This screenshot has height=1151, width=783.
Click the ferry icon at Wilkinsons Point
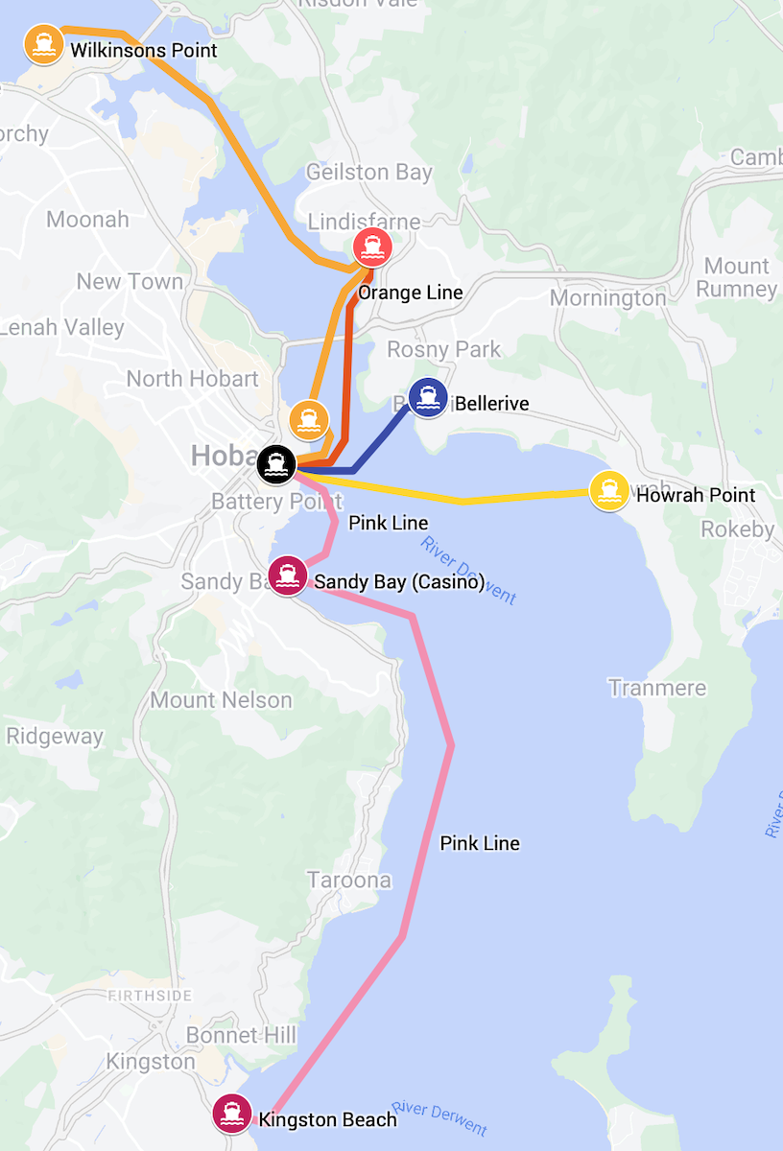pos(43,43)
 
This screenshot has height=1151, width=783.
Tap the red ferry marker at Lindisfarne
pos(371,247)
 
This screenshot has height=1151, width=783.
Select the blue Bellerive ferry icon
pos(427,398)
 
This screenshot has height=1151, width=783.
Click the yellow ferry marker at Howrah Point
pos(607,491)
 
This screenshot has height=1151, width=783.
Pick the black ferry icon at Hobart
pos(277,464)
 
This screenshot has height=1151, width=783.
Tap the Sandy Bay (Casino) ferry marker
pos(286,575)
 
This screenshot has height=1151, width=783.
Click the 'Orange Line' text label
pos(410,293)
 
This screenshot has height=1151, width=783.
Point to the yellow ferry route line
pos(461,500)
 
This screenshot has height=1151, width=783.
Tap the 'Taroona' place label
pos(349,880)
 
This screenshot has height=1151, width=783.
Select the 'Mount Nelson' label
pos(221,700)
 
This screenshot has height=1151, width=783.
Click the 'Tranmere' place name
pos(656,688)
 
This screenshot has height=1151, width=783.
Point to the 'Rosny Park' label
pos(443,349)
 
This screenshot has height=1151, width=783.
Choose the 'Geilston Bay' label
pos(368,173)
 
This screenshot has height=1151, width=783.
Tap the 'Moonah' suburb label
pos(87,220)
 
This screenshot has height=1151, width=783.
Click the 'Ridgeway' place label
pos(54,737)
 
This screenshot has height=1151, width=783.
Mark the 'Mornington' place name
pos(607,298)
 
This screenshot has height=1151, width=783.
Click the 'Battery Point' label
pos(263,502)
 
